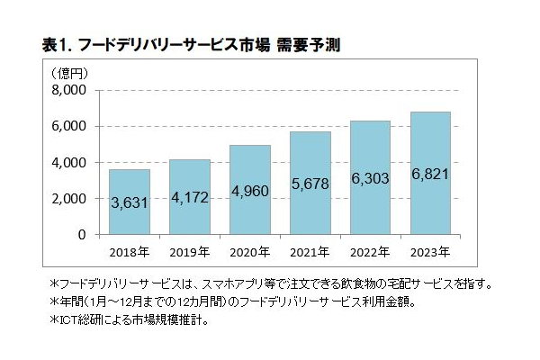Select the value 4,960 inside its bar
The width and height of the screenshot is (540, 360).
[x=249, y=190]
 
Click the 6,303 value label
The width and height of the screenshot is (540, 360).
[x=369, y=180]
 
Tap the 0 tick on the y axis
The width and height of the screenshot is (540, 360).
[x=80, y=234]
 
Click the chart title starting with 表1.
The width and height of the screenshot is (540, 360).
[x=191, y=43]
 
